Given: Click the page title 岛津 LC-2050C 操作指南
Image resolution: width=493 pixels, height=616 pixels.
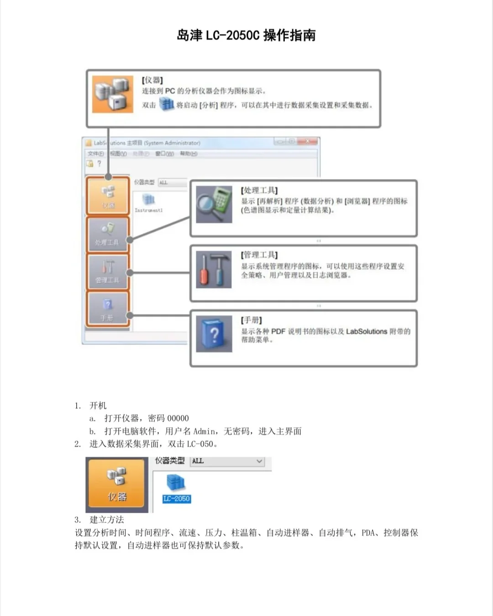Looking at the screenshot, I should coord(246,35).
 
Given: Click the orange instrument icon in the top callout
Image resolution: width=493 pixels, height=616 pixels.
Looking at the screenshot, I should coord(113,94).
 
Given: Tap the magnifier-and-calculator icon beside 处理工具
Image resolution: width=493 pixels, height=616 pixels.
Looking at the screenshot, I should coord(214,204).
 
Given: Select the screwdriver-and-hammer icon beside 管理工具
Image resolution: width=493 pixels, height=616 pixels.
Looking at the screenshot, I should coord(214,270).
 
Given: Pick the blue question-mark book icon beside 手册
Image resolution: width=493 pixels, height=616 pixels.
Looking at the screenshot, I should coord(214,334).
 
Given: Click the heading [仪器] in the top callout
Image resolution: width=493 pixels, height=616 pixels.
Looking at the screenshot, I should coord(152,80).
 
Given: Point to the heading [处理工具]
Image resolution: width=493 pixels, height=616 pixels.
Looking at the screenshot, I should coord(259,190).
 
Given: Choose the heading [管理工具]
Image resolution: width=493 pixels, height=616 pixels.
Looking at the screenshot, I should coord(259,255).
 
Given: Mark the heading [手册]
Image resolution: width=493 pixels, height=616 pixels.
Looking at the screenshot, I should coord(252,320).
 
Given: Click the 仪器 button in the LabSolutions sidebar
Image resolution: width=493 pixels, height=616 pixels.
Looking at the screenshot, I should coord(108,196).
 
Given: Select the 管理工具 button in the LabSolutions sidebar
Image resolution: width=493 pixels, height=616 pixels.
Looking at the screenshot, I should coord(108,272).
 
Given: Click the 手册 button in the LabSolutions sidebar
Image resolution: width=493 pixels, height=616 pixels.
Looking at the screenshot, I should coord(108,309).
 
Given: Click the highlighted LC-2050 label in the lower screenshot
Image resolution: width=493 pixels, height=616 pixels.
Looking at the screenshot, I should coord(177,499).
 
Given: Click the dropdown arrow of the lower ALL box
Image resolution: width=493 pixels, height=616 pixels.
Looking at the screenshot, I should coord(259,461).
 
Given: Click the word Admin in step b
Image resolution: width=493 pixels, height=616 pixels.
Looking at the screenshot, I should coord(205,431).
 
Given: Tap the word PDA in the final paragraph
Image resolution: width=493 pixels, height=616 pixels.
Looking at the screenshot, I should coord(368,532).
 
